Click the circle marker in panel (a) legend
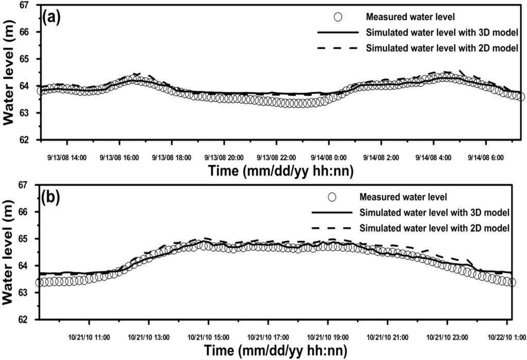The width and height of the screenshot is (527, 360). pos(338,17)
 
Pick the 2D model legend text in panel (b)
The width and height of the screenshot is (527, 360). pos(435,227)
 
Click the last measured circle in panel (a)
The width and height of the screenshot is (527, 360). pos(520,97)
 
